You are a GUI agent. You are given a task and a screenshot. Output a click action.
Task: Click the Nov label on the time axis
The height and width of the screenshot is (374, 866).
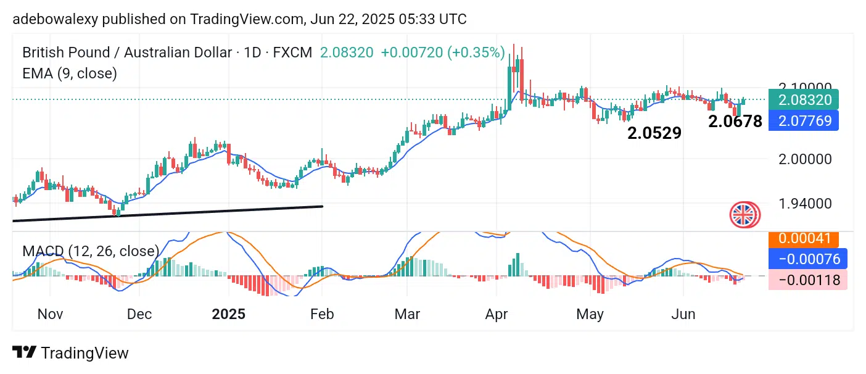pyautogui.click(x=50, y=314)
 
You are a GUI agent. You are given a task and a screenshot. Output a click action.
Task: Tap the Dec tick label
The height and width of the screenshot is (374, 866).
pyautogui.click(x=139, y=314)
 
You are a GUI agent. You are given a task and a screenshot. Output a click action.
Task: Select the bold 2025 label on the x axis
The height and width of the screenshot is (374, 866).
pyautogui.click(x=228, y=314)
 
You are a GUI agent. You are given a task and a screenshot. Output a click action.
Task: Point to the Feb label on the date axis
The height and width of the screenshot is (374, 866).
pyautogui.click(x=322, y=314)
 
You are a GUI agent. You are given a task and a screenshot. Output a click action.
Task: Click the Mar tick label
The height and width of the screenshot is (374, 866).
pyautogui.click(x=407, y=314)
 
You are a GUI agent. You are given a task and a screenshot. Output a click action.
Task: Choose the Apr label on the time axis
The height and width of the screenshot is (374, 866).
pyautogui.click(x=497, y=314)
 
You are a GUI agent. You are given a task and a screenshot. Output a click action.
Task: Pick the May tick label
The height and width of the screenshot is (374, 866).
pyautogui.click(x=590, y=314)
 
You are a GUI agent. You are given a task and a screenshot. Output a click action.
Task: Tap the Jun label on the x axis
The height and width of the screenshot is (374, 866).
pyautogui.click(x=683, y=314)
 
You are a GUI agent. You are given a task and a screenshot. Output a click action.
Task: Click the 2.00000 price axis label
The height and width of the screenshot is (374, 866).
pyautogui.click(x=805, y=159)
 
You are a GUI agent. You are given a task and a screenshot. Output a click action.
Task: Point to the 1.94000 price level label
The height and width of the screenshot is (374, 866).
pyautogui.click(x=805, y=204)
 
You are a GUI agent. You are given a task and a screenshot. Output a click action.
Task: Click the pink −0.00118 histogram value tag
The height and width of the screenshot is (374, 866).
pyautogui.click(x=809, y=280)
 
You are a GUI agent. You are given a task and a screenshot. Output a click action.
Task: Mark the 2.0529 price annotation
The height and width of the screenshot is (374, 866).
pyautogui.click(x=654, y=133)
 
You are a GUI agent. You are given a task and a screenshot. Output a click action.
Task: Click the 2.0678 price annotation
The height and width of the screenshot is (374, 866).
pyautogui.click(x=735, y=122)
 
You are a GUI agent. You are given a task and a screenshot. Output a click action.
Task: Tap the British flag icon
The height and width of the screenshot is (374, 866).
pyautogui.click(x=745, y=215)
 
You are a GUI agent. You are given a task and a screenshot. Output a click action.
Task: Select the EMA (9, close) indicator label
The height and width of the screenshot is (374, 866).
pyautogui.click(x=70, y=73)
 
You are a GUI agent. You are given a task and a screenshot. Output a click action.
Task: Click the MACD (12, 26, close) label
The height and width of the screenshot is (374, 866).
pyautogui.click(x=91, y=251)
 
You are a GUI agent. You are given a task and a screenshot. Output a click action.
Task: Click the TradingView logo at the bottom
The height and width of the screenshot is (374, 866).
pyautogui.click(x=71, y=353)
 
